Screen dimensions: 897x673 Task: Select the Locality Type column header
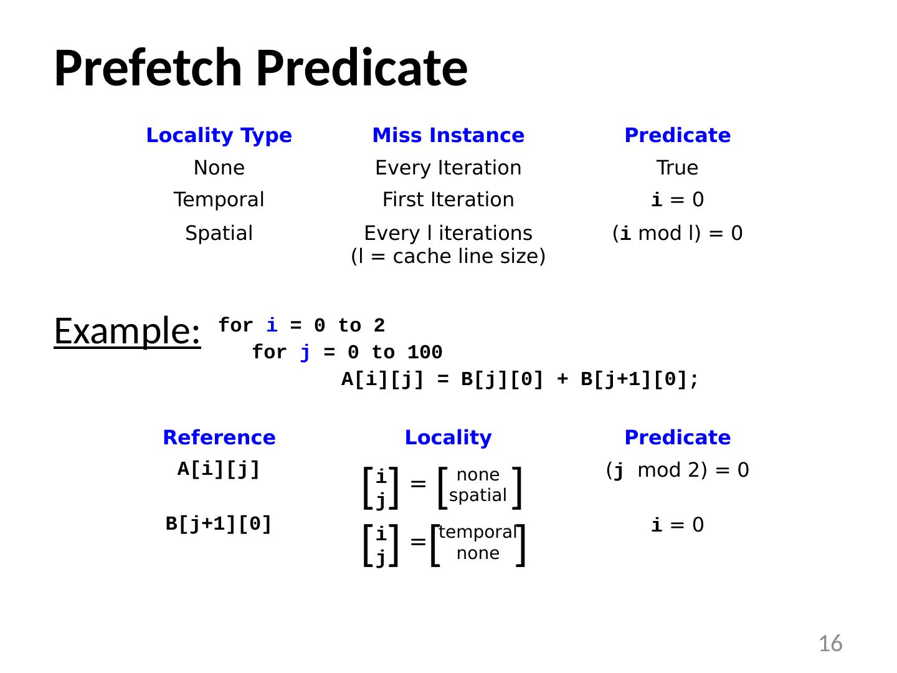click(x=219, y=135)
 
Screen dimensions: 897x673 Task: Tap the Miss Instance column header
click(x=448, y=135)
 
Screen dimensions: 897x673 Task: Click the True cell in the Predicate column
click(x=677, y=168)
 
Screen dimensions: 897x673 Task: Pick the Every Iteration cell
click(x=448, y=168)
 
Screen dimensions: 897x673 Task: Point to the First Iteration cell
click(x=448, y=199)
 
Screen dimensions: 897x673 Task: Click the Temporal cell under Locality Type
click(x=219, y=199)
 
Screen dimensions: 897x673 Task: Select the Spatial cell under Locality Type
click(x=219, y=233)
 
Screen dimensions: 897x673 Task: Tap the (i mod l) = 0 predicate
click(x=677, y=233)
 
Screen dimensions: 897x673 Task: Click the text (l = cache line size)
click(x=448, y=256)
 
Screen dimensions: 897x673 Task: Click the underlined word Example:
click(x=127, y=330)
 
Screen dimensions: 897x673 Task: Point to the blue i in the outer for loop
click(x=272, y=325)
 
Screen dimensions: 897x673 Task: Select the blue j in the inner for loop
click(x=305, y=353)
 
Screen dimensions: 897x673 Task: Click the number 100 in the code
click(x=425, y=353)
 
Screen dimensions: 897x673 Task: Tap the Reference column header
click(x=219, y=437)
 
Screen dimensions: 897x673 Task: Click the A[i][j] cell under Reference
click(x=219, y=469)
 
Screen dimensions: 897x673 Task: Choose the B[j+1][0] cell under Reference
click(x=219, y=524)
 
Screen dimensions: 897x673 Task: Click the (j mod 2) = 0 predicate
click(x=677, y=470)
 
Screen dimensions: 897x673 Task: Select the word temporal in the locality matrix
click(x=478, y=532)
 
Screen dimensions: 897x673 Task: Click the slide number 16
click(x=830, y=643)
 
